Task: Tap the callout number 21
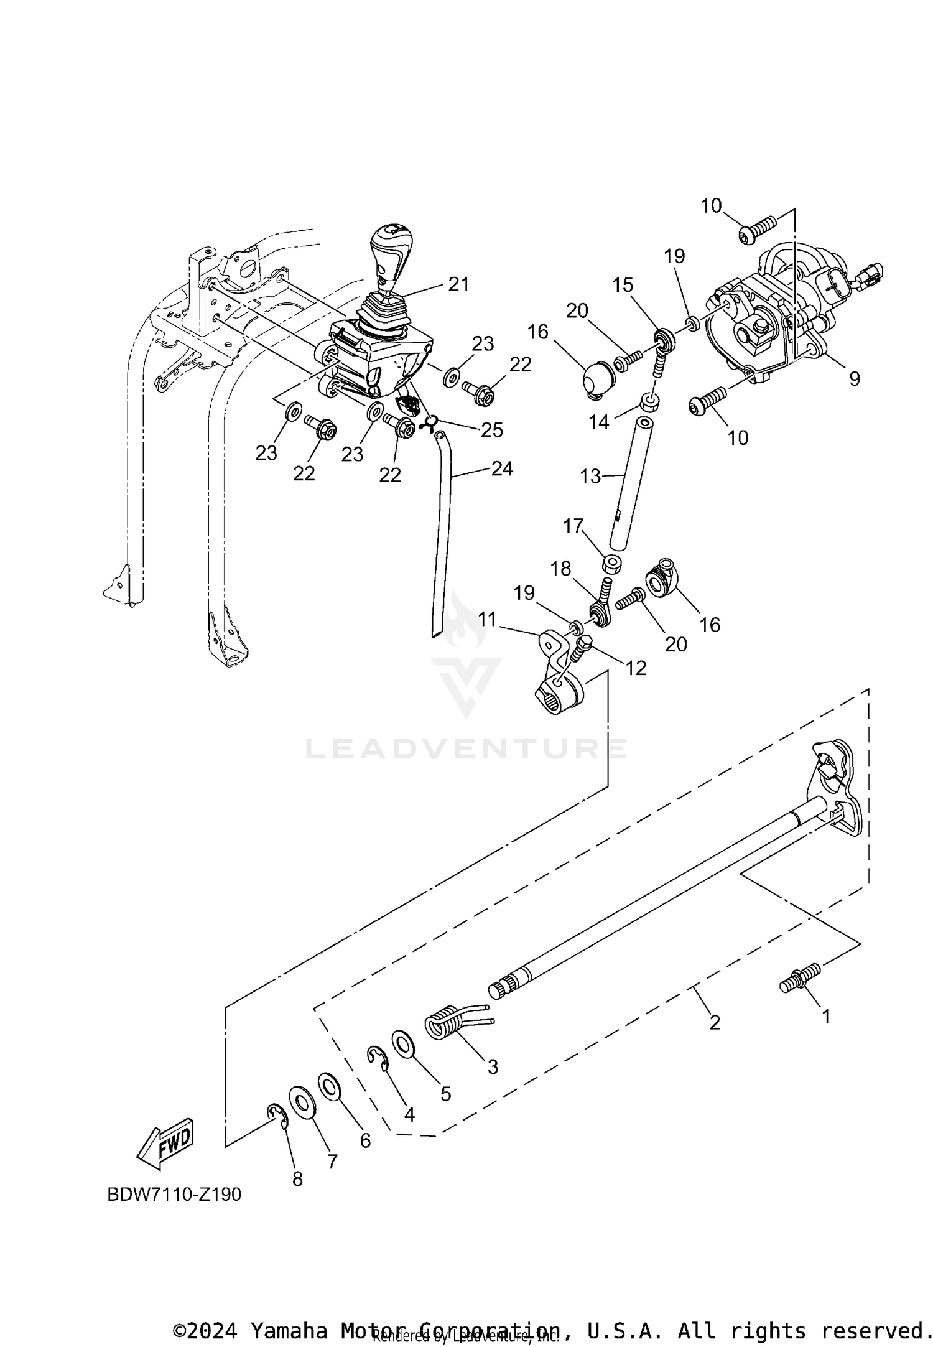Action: [x=459, y=284]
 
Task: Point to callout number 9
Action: [x=854, y=378]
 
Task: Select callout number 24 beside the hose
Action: [x=502, y=468]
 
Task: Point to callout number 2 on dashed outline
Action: [x=714, y=1022]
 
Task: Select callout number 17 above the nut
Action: [x=573, y=526]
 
